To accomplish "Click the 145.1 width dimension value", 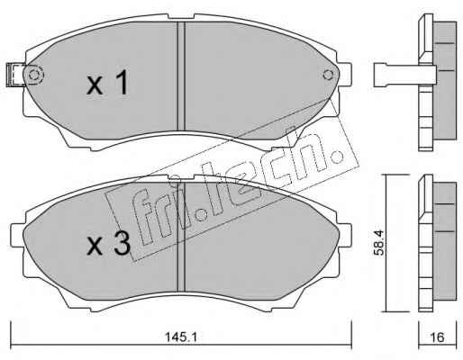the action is pos(181,337).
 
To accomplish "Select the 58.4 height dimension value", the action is pos(379,242).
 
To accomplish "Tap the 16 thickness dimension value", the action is pos(437,337).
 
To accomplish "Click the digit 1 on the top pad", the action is pos(122,82).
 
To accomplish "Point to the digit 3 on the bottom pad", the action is pos(122,244).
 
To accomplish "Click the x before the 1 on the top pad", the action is pos(95,85).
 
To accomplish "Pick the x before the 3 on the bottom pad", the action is pos(95,247).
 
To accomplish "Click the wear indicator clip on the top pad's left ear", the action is pos(15,75).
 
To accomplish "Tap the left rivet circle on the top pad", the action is pos(34,75).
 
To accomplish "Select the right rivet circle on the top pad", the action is pos(328,75).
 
